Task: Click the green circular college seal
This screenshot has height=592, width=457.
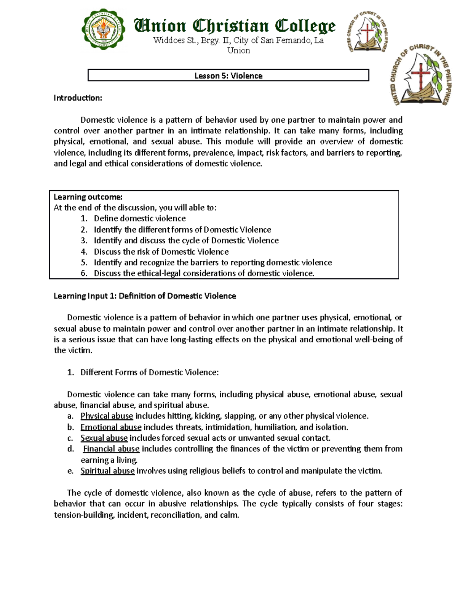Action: [x=104, y=30]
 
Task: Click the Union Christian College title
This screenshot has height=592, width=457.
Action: [x=235, y=26]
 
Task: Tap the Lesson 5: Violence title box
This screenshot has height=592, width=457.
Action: [x=228, y=75]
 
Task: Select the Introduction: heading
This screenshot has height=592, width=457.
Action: [x=78, y=98]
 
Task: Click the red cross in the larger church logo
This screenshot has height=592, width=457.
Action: [x=420, y=76]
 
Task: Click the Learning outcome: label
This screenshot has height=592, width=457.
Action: [x=88, y=197]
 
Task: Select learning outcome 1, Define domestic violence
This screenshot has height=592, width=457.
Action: [x=140, y=218]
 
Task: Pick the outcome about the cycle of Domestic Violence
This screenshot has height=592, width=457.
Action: [x=186, y=241]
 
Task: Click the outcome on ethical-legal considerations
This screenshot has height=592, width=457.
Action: [x=204, y=273]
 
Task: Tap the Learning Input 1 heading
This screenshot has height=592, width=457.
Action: [x=145, y=296]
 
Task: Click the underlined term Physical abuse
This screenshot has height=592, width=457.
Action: [x=107, y=416]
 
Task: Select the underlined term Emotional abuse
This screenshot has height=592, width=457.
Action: [x=111, y=427]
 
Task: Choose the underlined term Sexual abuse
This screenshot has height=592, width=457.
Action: [x=104, y=438]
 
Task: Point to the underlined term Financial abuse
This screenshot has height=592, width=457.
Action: [x=111, y=449]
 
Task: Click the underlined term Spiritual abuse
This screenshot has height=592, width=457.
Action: [x=107, y=471]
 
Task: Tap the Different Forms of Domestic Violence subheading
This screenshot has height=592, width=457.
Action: [x=149, y=372]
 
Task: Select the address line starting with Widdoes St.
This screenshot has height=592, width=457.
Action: [x=238, y=41]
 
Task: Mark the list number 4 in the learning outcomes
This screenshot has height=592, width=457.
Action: [x=84, y=252]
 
